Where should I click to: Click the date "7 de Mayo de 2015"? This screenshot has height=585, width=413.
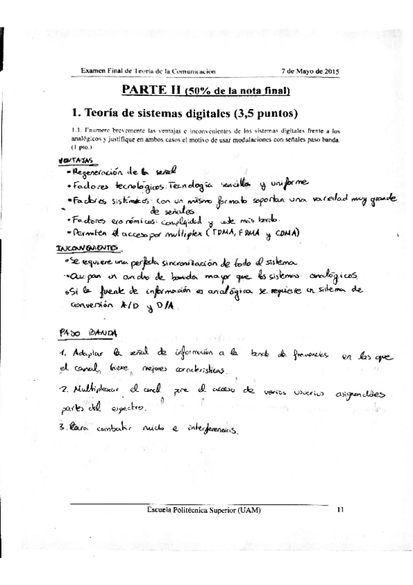click(310, 71)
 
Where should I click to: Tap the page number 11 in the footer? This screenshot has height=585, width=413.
click(339, 510)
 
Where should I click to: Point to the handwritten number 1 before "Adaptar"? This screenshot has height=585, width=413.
click(61, 354)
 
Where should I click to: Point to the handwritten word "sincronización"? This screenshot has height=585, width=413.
click(163, 262)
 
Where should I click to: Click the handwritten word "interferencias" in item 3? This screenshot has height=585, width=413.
click(207, 433)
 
